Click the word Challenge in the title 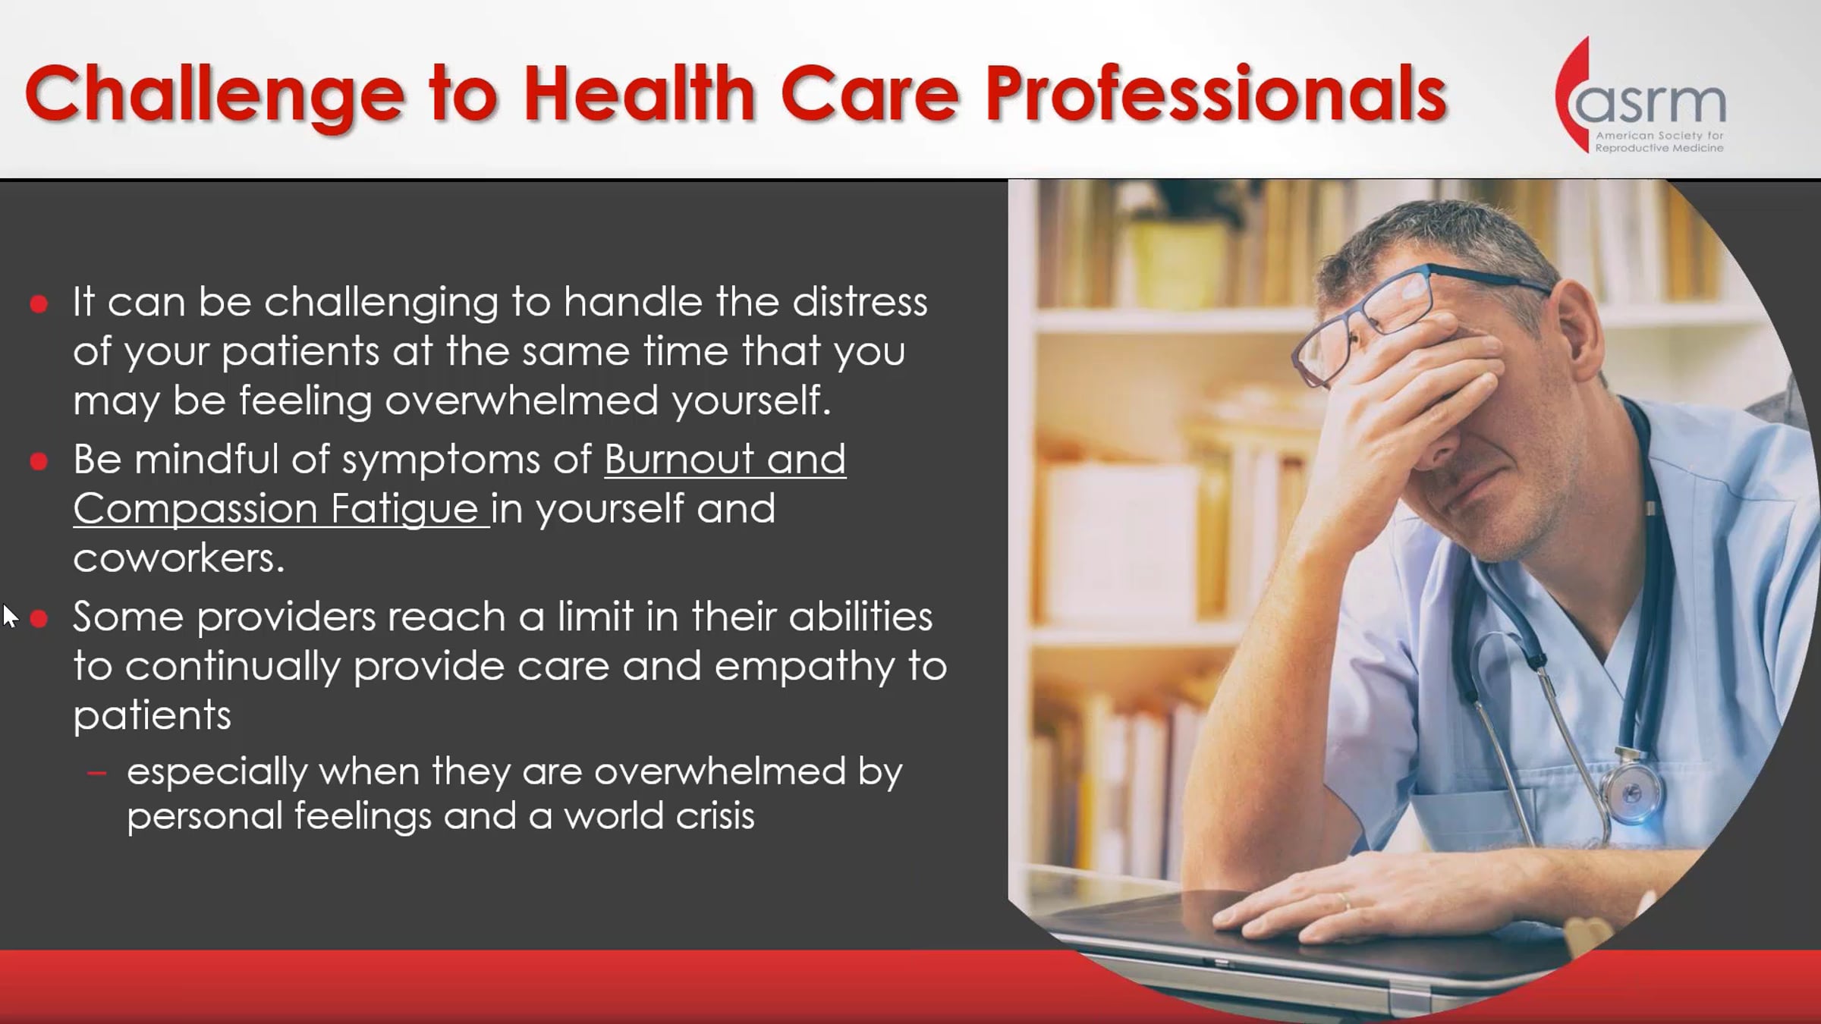click(215, 96)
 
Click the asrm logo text click(1651, 102)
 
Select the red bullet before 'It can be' click(39, 304)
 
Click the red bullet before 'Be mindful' click(39, 461)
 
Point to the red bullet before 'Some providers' click(39, 619)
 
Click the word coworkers click(179, 558)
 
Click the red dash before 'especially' click(96, 774)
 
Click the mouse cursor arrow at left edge click(10, 616)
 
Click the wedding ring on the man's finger click(1343, 901)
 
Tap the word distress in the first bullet click(860, 303)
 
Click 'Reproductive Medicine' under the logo click(1659, 148)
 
